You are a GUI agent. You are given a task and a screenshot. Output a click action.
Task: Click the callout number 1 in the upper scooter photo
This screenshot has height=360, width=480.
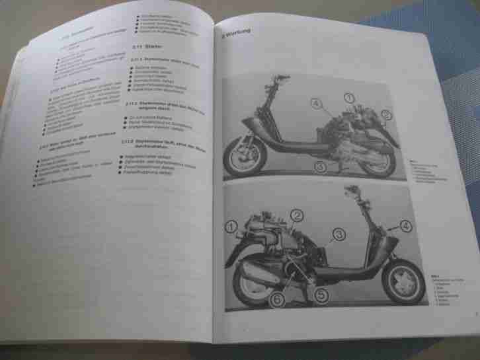(348, 98)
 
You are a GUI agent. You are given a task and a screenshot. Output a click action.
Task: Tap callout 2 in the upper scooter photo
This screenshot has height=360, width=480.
(386, 114)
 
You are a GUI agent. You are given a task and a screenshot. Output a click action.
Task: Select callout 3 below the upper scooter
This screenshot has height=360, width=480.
(321, 168)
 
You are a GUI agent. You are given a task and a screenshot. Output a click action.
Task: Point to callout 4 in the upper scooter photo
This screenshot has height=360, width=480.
(315, 104)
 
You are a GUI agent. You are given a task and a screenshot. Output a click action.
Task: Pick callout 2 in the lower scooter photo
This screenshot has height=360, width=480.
(297, 215)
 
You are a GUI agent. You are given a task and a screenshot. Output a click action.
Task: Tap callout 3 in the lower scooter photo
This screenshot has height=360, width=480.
(338, 233)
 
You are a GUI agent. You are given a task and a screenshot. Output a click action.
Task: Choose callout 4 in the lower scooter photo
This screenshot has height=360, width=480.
(405, 225)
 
